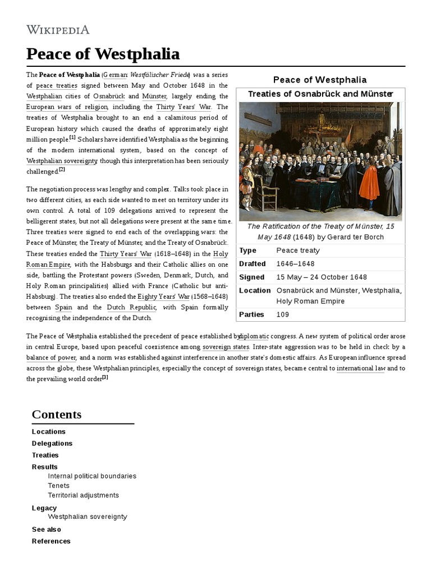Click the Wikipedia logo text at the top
[58, 30]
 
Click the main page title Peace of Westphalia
[103, 54]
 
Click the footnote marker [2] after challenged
[62, 170]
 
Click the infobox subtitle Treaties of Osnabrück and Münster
[320, 94]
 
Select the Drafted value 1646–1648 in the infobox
[295, 264]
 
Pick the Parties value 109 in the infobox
[283, 314]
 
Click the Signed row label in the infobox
[251, 277]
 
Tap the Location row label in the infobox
[255, 290]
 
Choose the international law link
[360, 368]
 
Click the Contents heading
[57, 414]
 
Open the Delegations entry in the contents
[52, 444]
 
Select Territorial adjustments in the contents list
[83, 495]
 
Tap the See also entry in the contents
[47, 530]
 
